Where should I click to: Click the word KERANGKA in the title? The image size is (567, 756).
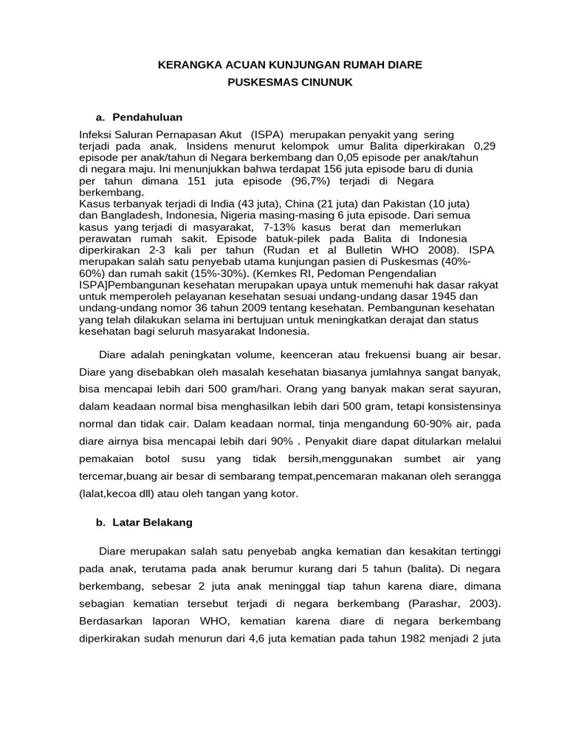[188, 65]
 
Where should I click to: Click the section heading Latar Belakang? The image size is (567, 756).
[152, 522]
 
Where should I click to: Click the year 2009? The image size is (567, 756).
[221, 308]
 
